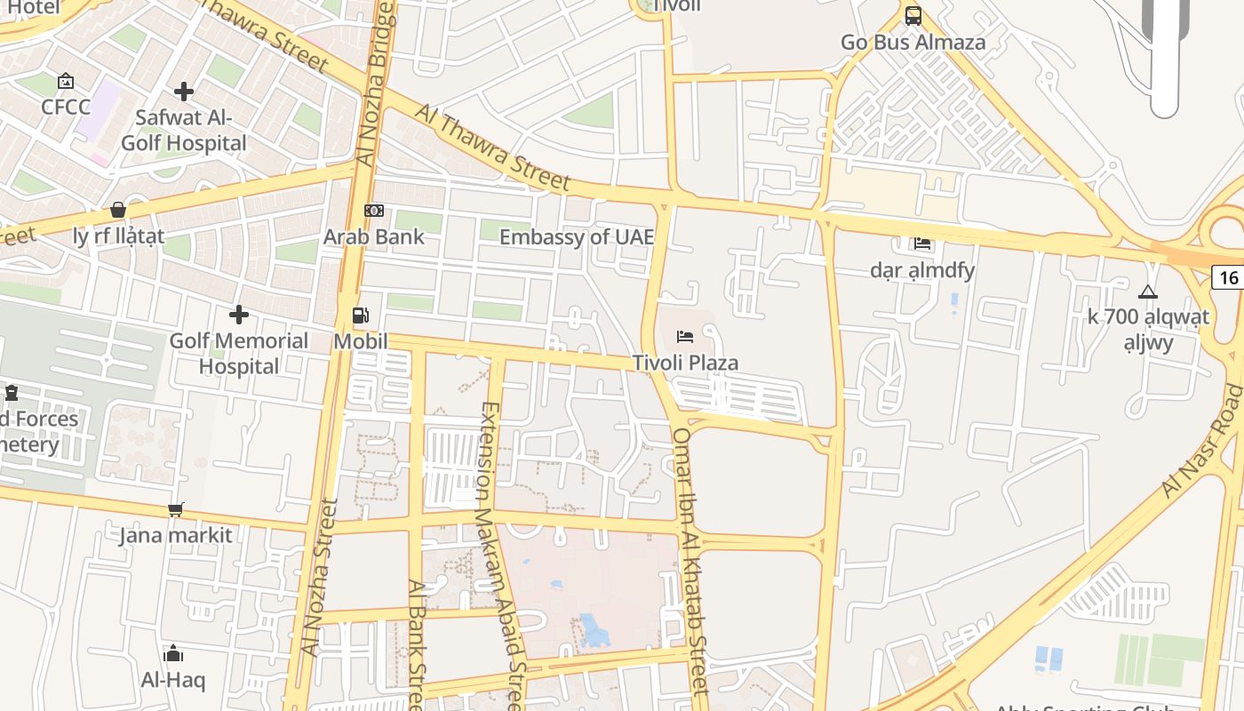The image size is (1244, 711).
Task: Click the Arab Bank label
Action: click(x=374, y=236)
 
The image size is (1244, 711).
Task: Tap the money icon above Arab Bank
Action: click(x=374, y=211)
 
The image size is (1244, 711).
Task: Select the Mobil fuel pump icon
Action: click(x=361, y=316)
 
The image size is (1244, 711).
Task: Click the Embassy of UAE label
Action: click(x=577, y=236)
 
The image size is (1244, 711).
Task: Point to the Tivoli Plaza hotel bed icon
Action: click(x=685, y=336)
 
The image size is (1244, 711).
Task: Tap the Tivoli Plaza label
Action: click(x=685, y=363)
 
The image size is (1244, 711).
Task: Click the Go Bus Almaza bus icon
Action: click(x=913, y=15)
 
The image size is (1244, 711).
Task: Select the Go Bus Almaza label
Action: click(x=913, y=42)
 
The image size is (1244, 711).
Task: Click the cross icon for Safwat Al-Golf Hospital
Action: click(x=184, y=92)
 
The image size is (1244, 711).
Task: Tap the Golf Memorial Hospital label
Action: click(x=239, y=353)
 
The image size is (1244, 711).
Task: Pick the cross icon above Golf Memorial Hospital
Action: click(x=239, y=315)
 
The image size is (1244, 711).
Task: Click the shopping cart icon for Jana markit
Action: click(x=176, y=509)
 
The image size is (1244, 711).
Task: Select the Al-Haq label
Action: click(x=173, y=680)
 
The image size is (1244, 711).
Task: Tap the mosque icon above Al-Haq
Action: click(x=173, y=654)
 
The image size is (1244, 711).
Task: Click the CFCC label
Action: click(x=66, y=107)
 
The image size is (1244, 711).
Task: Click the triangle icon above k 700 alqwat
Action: click(x=1148, y=292)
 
